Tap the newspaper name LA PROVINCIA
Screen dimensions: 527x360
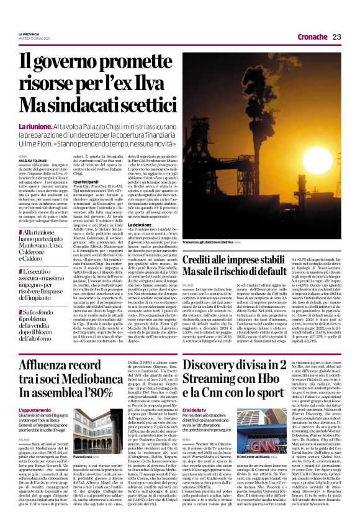tap(29, 34)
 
